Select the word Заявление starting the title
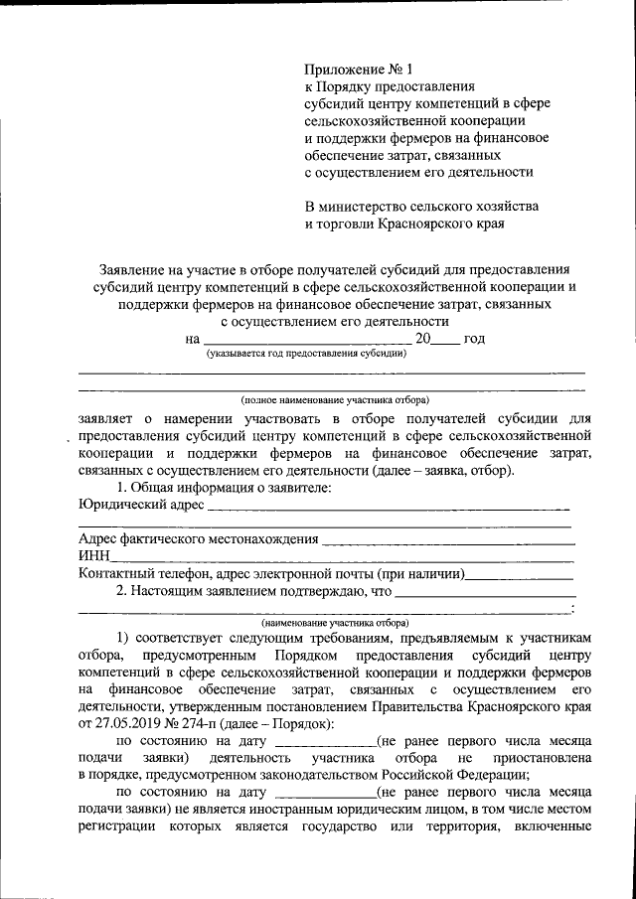(132, 269)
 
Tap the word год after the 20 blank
(474, 339)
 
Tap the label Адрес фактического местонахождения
(198, 539)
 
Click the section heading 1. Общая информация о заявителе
(224, 487)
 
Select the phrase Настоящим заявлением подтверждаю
(249, 591)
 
